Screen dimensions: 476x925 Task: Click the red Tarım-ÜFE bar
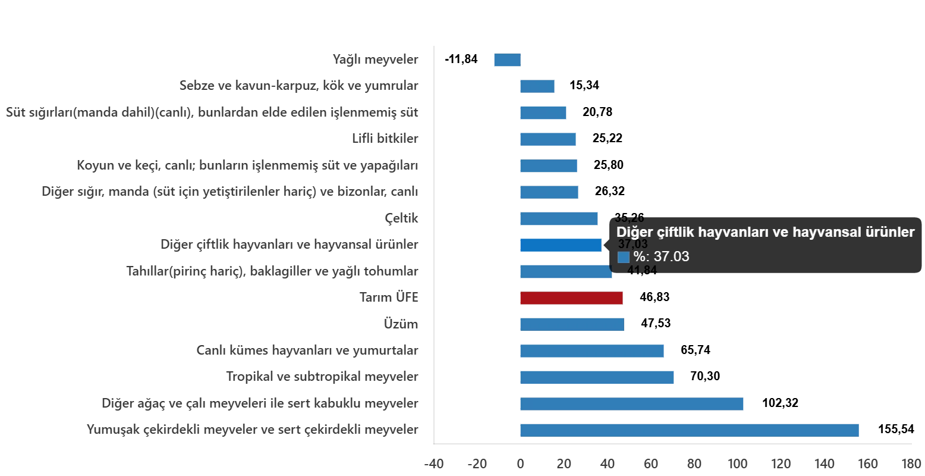[x=570, y=297]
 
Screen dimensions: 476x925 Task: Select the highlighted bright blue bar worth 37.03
[x=561, y=245]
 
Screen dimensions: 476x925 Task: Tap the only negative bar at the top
[x=506, y=59]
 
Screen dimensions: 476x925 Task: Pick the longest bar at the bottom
[x=689, y=430]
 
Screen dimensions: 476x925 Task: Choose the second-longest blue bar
[x=632, y=404]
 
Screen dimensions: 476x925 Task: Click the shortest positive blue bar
[x=537, y=86]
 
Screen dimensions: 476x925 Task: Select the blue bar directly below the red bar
[x=572, y=324]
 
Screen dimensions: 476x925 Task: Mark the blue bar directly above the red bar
[x=565, y=271]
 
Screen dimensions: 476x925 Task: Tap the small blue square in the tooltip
[x=624, y=258]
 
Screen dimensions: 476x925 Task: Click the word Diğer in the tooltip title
[x=634, y=233]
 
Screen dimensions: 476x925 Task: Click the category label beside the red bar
[x=389, y=296]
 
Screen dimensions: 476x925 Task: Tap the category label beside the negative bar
[x=376, y=60]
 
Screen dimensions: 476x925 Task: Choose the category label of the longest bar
[x=252, y=430]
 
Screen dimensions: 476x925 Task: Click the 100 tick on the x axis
[x=738, y=462]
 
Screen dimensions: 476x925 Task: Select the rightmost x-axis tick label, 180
[x=911, y=462]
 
